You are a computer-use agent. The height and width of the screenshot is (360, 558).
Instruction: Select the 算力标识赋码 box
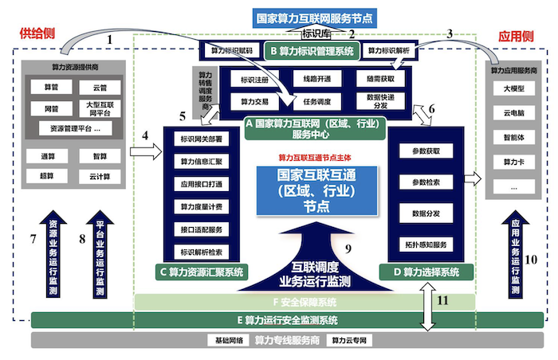[230, 51]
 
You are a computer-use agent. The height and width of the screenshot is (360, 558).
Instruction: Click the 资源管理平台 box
[73, 127]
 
